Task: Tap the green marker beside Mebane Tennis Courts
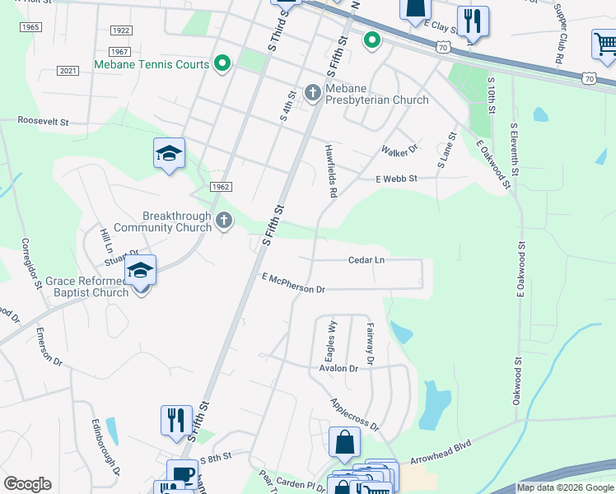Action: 222,63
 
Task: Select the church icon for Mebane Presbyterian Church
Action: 312,93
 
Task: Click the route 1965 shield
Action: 30,27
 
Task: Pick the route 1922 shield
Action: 120,30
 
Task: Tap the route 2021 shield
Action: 68,71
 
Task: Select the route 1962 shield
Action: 219,187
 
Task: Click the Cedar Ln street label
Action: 367,259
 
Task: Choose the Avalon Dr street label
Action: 338,368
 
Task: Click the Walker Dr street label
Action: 400,151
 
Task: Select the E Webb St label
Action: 397,178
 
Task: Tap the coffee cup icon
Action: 182,473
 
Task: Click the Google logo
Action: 27,484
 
